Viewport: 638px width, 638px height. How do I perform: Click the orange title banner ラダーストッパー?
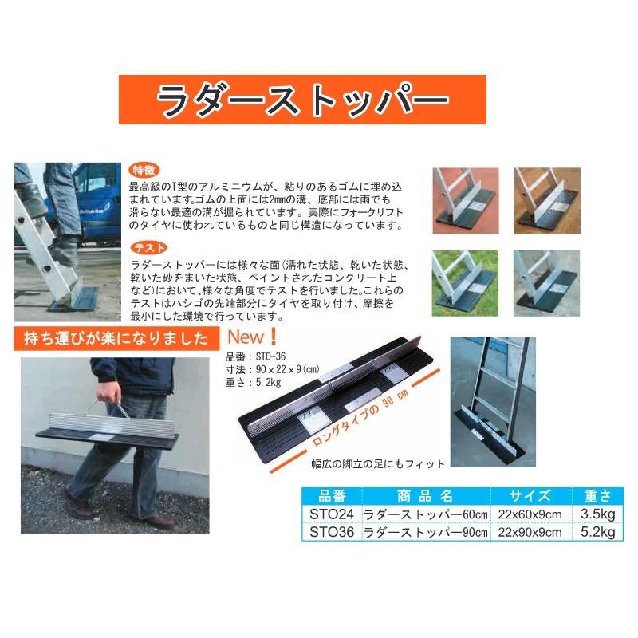tap(302, 100)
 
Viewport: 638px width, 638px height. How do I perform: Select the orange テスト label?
tap(145, 247)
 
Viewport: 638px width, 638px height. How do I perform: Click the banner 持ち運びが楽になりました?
tap(116, 338)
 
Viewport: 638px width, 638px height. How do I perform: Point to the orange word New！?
tap(253, 336)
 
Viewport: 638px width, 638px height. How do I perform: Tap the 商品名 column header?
tap(423, 496)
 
